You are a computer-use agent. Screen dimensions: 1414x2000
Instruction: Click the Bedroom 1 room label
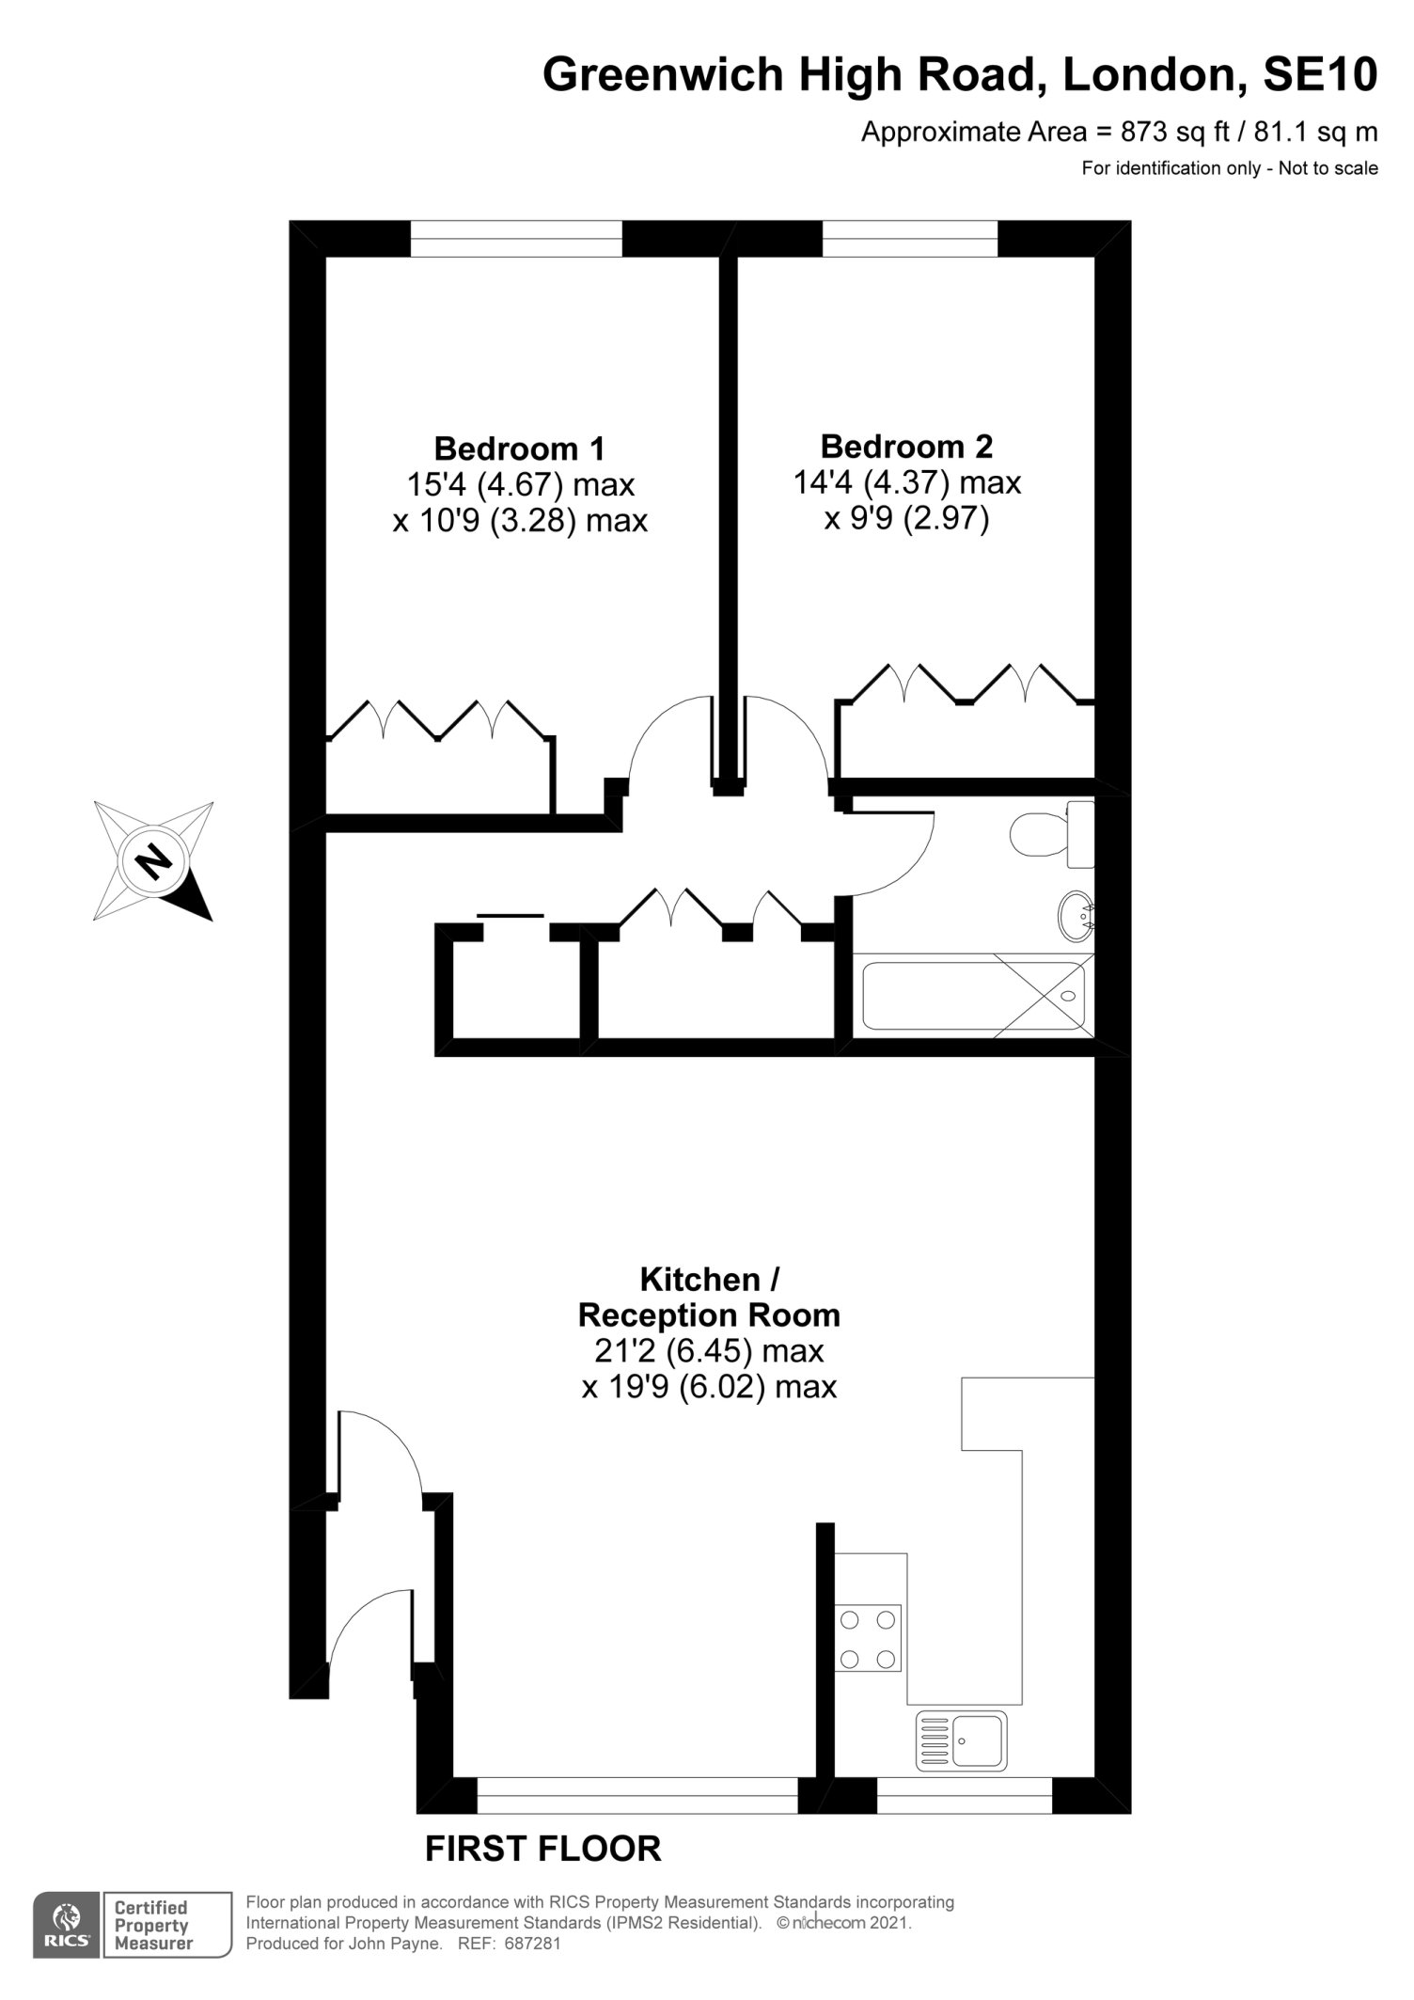point(520,448)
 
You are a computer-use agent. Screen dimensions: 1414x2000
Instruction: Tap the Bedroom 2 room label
point(906,446)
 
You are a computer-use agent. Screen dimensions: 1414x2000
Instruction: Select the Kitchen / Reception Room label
point(709,1297)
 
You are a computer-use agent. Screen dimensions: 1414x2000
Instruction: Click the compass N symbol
point(153,860)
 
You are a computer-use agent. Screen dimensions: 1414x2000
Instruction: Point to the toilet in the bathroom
point(1053,834)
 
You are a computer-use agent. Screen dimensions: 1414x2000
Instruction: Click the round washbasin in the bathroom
point(1076,915)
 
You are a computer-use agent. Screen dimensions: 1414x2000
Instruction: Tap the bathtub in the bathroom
point(973,996)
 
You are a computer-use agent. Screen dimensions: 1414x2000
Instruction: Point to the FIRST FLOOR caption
point(543,1849)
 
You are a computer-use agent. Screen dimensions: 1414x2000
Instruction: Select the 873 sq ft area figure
point(1176,133)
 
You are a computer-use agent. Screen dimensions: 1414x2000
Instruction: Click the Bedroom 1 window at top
point(516,239)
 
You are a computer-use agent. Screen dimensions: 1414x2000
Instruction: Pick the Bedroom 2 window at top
point(910,239)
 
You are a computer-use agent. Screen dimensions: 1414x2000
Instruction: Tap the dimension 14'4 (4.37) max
point(907,483)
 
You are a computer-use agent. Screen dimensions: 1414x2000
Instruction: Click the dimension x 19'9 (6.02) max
point(709,1387)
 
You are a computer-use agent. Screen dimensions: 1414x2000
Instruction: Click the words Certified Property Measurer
point(153,1925)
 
